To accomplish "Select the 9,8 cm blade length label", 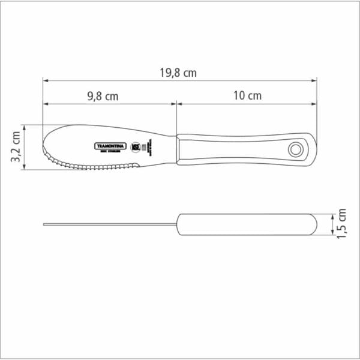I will click(x=102, y=96).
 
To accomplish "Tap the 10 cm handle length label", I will click(x=247, y=96).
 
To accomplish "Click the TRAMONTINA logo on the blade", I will click(x=110, y=145).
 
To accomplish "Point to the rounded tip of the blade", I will click(x=46, y=144).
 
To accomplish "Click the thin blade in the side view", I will click(x=108, y=225).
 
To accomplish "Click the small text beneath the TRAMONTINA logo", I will click(x=110, y=152).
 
